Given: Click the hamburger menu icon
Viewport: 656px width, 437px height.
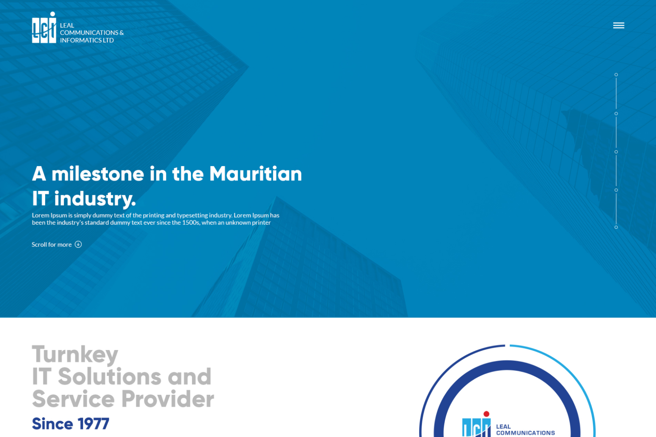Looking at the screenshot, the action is click(618, 25).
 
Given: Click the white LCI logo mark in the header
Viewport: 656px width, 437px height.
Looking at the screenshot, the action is click(44, 28).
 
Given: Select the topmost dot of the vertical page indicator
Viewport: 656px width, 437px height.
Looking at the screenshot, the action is click(616, 75).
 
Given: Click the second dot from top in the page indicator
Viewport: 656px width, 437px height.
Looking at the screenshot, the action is click(616, 114).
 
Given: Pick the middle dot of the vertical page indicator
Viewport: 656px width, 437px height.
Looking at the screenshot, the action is click(616, 152).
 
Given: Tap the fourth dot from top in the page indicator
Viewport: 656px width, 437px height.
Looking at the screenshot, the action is click(616, 190).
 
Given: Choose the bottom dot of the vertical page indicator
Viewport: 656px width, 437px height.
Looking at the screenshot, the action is click(616, 227).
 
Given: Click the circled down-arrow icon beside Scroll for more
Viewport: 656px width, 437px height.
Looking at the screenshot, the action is click(78, 244).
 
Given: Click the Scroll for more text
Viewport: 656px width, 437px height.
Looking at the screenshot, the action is click(51, 245).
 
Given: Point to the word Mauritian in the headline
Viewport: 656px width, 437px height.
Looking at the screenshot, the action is click(255, 174).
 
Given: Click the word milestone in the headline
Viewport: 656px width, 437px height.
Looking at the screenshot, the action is click(98, 174).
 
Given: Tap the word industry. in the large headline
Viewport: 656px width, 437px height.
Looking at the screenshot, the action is click(95, 199).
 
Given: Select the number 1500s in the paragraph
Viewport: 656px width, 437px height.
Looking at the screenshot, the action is click(191, 223).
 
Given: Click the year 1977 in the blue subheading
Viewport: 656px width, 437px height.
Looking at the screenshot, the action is click(93, 424).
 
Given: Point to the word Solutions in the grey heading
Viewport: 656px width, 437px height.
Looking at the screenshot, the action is click(109, 376).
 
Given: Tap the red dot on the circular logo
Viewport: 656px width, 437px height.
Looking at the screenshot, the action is click(486, 414).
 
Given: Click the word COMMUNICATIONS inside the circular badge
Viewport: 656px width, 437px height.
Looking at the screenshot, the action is click(526, 433).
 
